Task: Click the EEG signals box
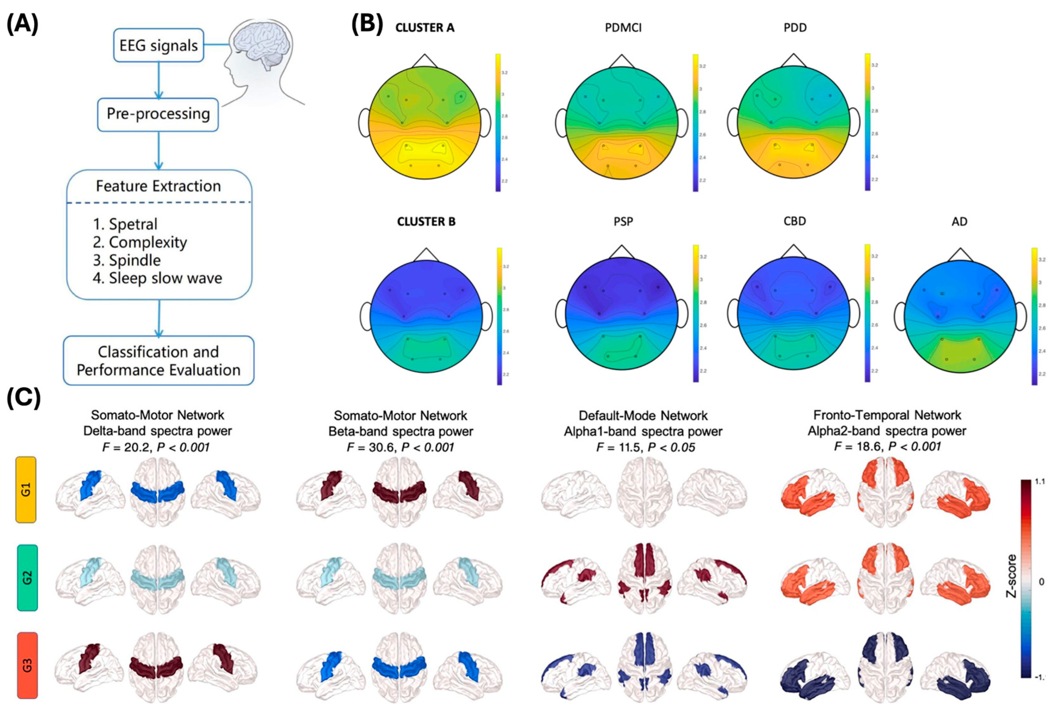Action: coord(158,45)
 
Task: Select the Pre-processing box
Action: coord(158,114)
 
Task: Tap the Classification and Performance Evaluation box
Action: coord(158,361)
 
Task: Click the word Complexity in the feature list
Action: coord(147,243)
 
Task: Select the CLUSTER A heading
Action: coord(425,28)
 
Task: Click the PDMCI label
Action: coord(623,28)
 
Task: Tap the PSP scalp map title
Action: coord(623,222)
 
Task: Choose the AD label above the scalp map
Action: coord(959,222)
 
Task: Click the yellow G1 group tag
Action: coord(26,490)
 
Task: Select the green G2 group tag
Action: coord(27,577)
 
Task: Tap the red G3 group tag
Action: coord(27,665)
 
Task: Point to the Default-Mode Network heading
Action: coord(643,415)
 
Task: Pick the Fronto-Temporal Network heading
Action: coord(887,415)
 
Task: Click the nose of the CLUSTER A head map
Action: coord(425,60)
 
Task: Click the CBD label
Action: coord(795,222)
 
